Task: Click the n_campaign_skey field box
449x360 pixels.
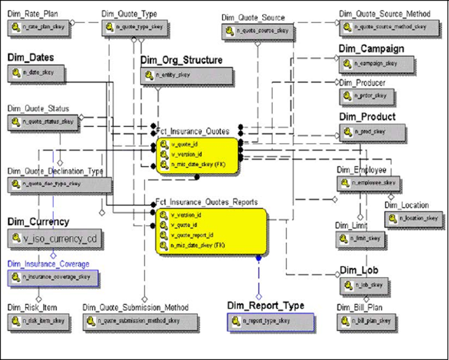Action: click(376, 64)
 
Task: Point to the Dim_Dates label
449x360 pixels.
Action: click(31, 58)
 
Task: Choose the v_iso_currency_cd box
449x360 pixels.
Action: click(55, 238)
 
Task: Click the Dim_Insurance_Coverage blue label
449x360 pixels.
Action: click(48, 264)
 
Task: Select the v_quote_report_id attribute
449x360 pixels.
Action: click(192, 235)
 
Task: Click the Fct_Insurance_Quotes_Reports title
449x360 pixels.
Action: click(206, 202)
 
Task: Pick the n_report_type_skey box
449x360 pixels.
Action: click(270, 321)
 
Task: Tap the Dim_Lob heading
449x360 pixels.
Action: click(359, 270)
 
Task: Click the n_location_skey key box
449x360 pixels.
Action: click(413, 219)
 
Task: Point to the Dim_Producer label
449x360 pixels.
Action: click(362, 83)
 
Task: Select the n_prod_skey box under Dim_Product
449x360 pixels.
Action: click(372, 132)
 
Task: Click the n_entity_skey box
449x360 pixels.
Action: click(187, 75)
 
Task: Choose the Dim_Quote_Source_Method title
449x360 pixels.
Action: click(384, 14)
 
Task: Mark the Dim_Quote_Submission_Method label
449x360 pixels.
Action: click(135, 307)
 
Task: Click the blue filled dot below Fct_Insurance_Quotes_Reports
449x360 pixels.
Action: click(258, 258)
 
